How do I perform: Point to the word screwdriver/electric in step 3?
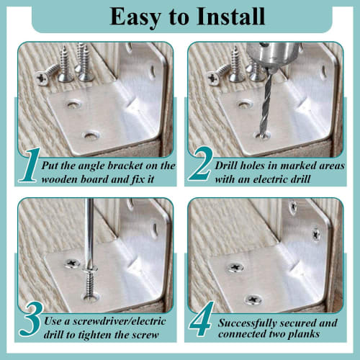coord(114,320)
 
